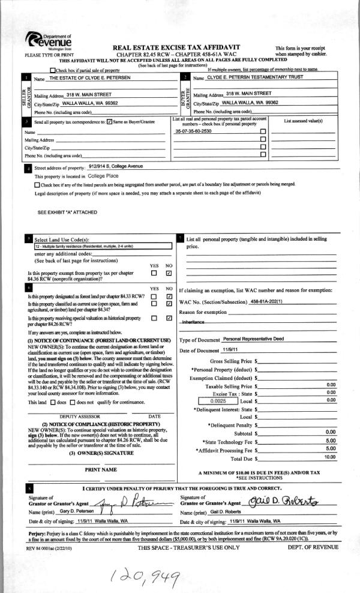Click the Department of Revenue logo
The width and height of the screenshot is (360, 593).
(50, 42)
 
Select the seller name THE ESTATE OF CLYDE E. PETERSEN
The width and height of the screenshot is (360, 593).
(103, 79)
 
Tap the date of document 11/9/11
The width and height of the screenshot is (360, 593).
(230, 350)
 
